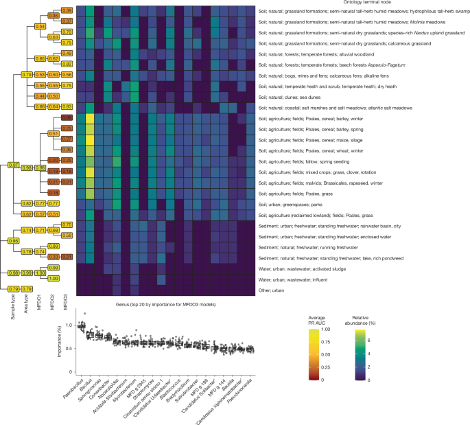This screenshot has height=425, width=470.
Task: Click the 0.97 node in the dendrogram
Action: pos(12,165)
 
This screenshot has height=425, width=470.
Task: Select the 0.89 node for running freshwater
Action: pos(67,246)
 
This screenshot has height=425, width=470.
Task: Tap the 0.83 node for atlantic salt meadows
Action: pos(67,106)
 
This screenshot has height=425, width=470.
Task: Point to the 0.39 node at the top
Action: pos(67,10)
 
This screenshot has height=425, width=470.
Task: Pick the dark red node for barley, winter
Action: pos(67,117)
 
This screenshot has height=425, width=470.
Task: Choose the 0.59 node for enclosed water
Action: pos(67,236)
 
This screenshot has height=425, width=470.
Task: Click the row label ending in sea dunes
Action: pos(295,96)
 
